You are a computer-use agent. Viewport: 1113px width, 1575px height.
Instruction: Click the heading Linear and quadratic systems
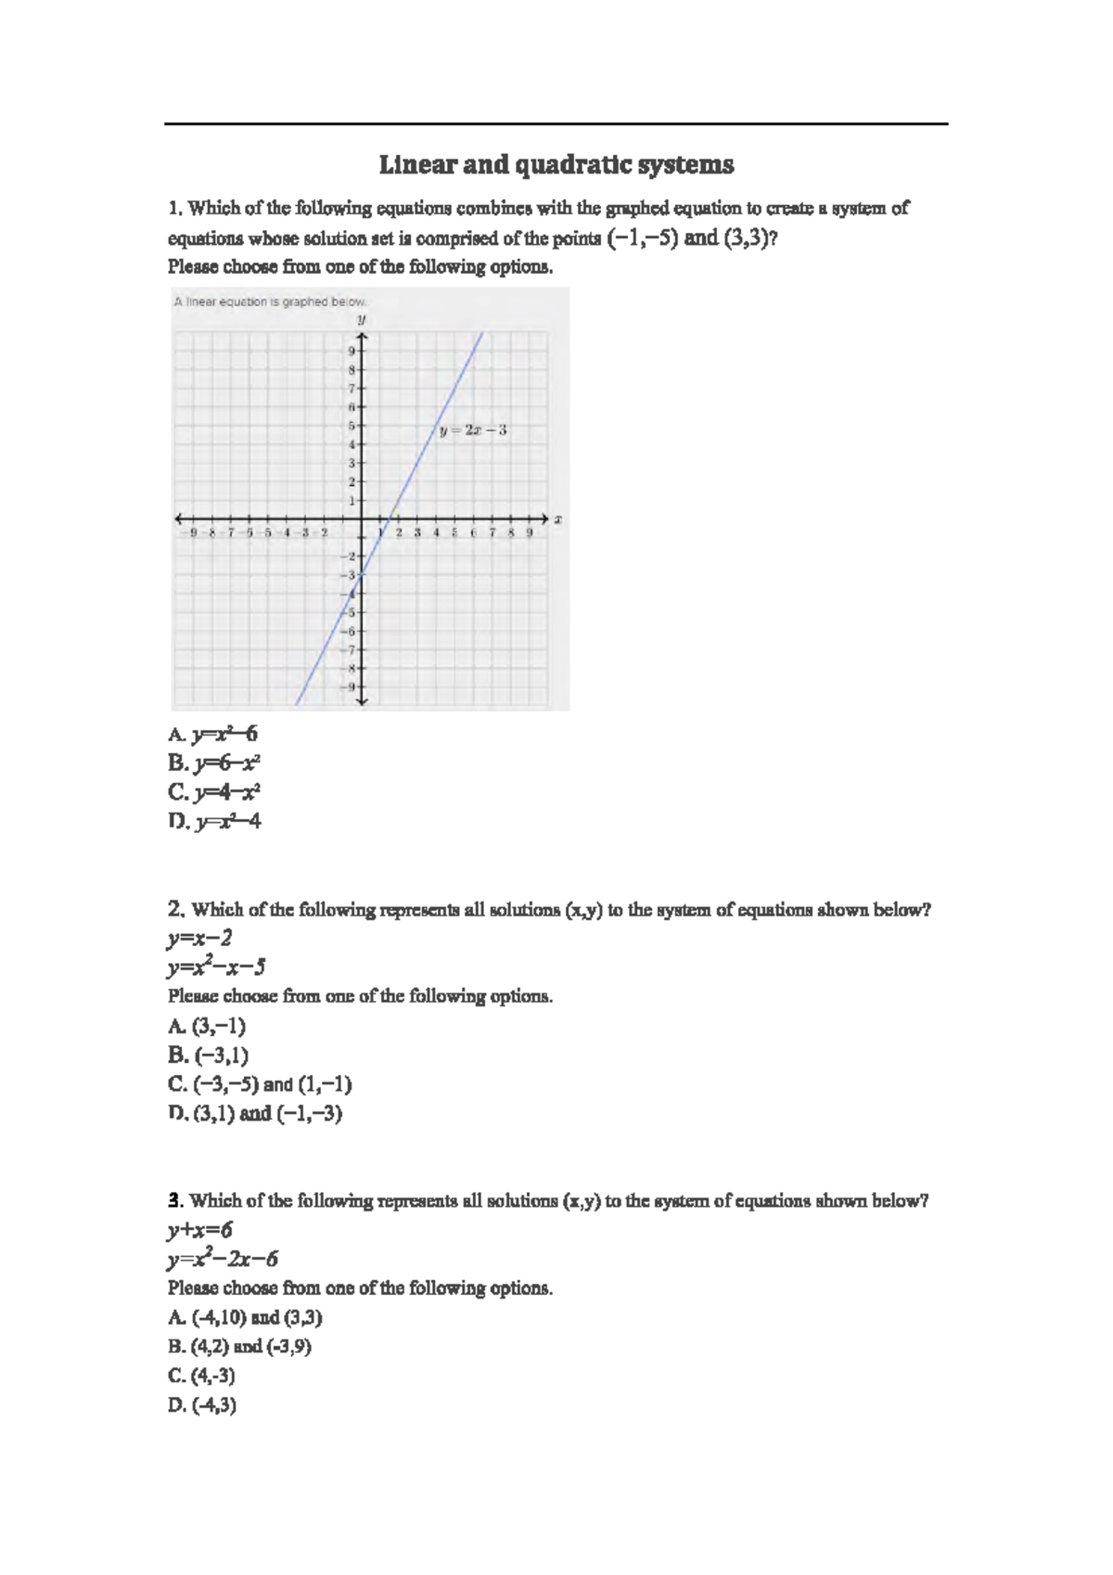click(556, 165)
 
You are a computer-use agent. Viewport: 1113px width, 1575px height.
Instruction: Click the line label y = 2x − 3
click(474, 430)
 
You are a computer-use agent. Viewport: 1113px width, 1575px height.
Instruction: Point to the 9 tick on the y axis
click(352, 351)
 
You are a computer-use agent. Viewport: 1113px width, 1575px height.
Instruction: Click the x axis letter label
click(558, 519)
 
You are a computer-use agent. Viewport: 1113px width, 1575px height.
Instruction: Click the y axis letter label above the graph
click(363, 319)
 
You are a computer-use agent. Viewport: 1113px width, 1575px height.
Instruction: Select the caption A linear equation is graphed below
click(270, 301)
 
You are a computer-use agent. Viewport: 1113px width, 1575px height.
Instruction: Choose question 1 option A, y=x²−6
click(213, 735)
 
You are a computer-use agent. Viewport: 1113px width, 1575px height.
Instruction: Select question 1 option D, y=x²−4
click(215, 821)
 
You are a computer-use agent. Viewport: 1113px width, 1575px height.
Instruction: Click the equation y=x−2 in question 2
click(200, 938)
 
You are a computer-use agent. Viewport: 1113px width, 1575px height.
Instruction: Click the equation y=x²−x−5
click(216, 967)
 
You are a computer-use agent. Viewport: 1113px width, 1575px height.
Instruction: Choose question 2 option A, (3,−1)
click(207, 1026)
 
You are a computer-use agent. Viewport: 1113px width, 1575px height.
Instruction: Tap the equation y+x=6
click(200, 1230)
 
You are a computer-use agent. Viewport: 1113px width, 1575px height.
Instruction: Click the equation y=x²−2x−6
click(223, 1259)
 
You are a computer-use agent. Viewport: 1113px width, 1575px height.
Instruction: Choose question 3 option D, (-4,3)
click(202, 1404)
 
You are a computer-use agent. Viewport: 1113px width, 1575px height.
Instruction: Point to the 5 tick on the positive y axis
click(352, 426)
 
